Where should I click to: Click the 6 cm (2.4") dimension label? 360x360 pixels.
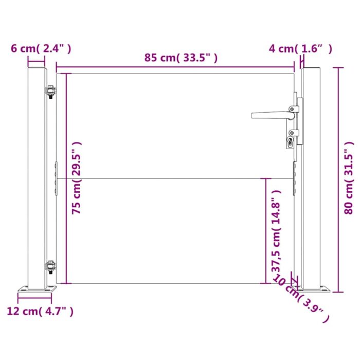[x=41, y=49]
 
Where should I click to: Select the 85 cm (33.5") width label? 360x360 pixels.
[x=181, y=58]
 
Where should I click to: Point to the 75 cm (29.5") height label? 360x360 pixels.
[x=76, y=178]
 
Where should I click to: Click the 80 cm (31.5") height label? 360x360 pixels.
[x=350, y=177]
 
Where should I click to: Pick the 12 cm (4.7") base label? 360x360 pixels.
[x=40, y=311]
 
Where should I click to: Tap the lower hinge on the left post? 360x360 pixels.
[x=50, y=268]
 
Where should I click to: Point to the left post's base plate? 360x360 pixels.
[x=36, y=290]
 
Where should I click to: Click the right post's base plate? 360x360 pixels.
[x=319, y=287]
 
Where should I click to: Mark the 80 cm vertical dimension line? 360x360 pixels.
[x=339, y=179]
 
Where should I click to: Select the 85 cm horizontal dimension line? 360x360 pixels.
[x=175, y=67]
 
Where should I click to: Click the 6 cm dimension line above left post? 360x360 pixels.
[x=37, y=65]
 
